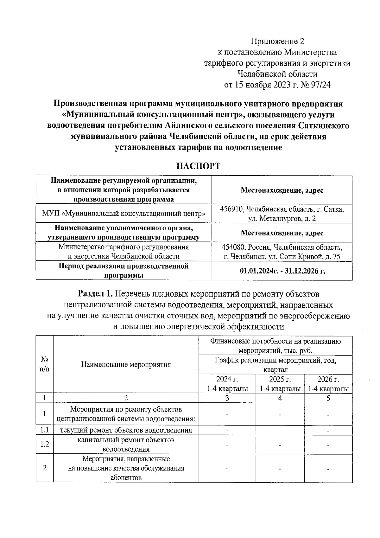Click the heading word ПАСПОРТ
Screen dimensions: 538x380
(x=198, y=166)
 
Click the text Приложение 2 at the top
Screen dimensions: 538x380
(x=277, y=42)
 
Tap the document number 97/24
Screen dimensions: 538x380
(x=320, y=85)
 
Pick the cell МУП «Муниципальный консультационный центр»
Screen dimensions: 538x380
(x=124, y=214)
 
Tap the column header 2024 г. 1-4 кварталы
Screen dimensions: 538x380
(x=227, y=384)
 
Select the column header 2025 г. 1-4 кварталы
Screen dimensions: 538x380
(x=280, y=384)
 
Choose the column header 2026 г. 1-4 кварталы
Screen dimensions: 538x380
(x=328, y=384)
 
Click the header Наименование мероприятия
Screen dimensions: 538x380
(x=126, y=364)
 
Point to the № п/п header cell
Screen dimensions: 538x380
(x=45, y=364)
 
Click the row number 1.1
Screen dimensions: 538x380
(x=45, y=430)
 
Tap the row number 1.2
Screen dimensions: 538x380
(x=45, y=444)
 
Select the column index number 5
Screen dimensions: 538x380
(x=328, y=398)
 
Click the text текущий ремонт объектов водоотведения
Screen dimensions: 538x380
(x=126, y=430)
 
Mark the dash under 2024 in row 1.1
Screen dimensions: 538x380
(x=227, y=431)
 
